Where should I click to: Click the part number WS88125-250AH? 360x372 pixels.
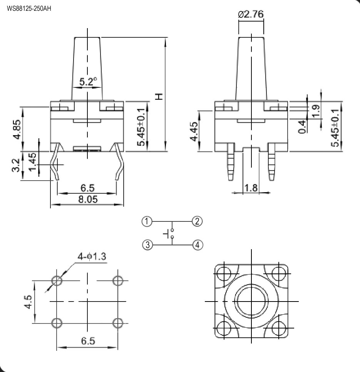point(29,8)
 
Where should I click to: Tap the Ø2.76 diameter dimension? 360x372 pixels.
point(251,14)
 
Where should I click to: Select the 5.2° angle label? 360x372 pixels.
point(88,81)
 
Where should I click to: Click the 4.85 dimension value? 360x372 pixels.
point(17,129)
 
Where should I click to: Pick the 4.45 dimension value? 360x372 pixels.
point(194,131)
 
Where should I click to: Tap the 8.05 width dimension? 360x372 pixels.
point(88,199)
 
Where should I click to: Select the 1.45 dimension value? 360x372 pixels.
point(32,162)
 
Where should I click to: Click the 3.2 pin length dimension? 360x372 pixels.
point(16,165)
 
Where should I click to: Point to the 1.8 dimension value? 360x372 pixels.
point(251,188)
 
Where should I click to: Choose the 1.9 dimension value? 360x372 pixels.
point(316,111)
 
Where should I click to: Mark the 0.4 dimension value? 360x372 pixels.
point(301,127)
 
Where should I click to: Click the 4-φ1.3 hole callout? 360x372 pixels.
point(92,256)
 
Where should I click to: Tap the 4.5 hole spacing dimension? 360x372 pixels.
point(28,302)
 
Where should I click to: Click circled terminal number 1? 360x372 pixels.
point(147,221)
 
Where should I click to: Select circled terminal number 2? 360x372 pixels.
point(197,221)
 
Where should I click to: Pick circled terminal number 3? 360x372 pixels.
point(147,245)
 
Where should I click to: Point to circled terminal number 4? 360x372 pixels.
point(198,245)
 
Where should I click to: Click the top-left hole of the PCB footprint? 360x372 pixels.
point(57,281)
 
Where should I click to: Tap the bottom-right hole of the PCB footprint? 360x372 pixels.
point(118,323)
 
